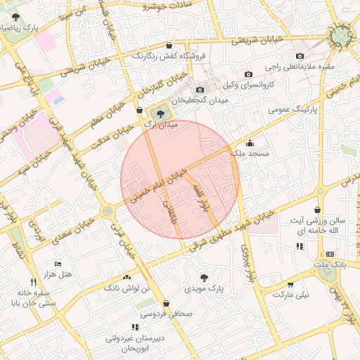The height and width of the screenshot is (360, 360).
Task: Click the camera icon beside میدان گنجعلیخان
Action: [200, 89]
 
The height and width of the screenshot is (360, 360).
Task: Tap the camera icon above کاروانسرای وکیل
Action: [248, 75]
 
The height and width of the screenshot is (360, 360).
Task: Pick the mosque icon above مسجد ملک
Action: [250, 143]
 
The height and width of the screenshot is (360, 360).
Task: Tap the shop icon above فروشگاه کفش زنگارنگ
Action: [168, 44]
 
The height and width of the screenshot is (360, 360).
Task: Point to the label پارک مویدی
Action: [203, 288]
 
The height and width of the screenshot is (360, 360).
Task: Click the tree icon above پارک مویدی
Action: [204, 278]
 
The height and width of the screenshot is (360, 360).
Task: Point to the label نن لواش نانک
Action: [127, 288]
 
